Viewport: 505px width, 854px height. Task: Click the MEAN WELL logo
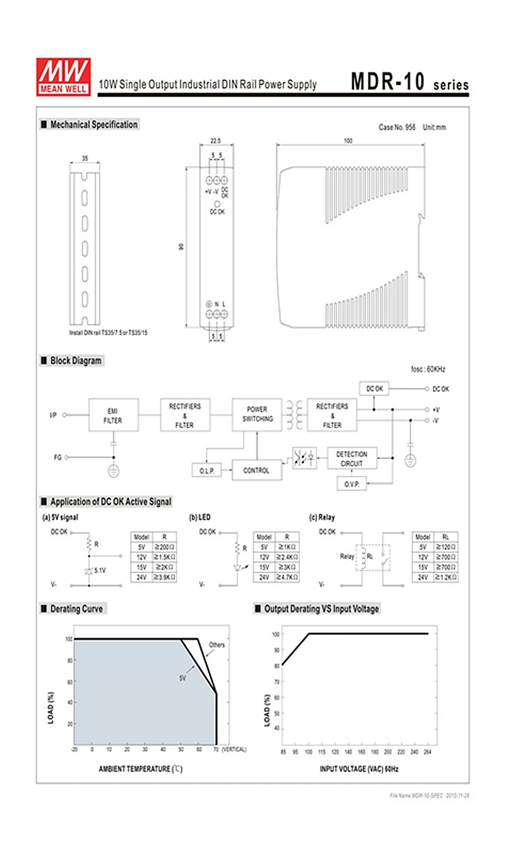click(63, 77)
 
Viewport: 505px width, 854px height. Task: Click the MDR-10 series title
click(409, 83)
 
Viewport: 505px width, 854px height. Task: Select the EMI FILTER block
click(113, 415)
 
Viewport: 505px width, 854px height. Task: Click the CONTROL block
click(256, 470)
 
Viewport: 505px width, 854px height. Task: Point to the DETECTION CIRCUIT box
click(352, 459)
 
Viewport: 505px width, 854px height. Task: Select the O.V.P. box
click(351, 484)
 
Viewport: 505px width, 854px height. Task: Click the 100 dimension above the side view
click(348, 141)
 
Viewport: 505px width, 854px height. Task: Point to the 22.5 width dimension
click(216, 141)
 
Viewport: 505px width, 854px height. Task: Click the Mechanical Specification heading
click(93, 125)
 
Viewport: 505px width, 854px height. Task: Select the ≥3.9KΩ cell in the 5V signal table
click(164, 577)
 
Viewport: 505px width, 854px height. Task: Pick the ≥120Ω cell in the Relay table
click(446, 547)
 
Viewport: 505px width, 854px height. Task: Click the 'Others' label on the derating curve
click(217, 644)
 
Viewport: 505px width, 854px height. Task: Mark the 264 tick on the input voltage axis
click(427, 752)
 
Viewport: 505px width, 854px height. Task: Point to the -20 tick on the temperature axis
click(74, 749)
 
